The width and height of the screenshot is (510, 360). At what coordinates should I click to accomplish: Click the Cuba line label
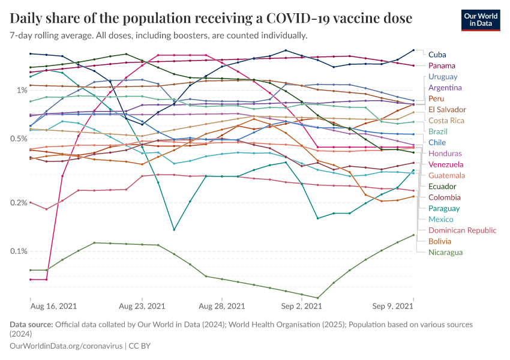tap(437, 55)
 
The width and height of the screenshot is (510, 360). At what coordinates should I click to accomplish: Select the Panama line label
tap(442, 65)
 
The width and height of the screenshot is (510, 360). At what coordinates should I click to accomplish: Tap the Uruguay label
tap(443, 77)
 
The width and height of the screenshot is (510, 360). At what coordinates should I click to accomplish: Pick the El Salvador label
tap(447, 109)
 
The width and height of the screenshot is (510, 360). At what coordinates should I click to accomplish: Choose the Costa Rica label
tap(446, 121)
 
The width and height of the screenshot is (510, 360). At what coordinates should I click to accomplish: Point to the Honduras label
tap(445, 153)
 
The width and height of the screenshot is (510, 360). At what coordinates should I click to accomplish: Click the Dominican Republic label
tap(463, 230)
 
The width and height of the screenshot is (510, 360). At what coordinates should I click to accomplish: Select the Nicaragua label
tap(445, 252)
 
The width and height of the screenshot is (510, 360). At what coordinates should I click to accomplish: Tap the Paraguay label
tap(444, 208)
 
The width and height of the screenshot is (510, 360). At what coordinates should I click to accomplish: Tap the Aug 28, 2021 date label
tap(222, 306)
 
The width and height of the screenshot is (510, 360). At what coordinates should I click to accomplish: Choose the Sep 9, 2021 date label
tap(393, 306)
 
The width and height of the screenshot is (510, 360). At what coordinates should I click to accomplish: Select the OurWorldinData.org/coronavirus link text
tap(65, 346)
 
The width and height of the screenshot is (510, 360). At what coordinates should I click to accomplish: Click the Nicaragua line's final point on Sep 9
tap(413, 235)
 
